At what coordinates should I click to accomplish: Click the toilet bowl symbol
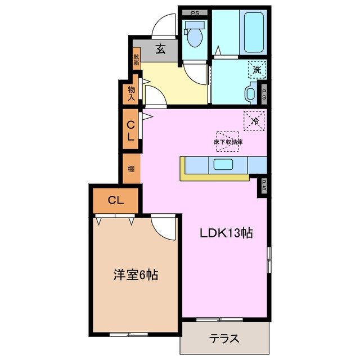pyautogui.click(x=195, y=37)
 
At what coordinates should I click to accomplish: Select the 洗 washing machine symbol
pyautogui.click(x=256, y=70)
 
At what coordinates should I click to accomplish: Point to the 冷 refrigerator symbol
pyautogui.click(x=255, y=120)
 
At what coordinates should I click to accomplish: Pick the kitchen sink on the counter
pyautogui.click(x=226, y=164)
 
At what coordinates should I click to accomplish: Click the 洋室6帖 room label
pyautogui.click(x=136, y=275)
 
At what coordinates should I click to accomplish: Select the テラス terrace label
pyautogui.click(x=224, y=339)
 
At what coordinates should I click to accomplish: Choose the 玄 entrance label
pyautogui.click(x=160, y=49)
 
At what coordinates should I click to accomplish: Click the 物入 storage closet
pyautogui.click(x=130, y=93)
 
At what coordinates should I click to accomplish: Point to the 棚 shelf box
pyautogui.click(x=130, y=168)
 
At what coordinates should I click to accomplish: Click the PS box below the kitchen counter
pyautogui.click(x=262, y=186)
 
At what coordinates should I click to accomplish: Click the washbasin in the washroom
pyautogui.click(x=249, y=92)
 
